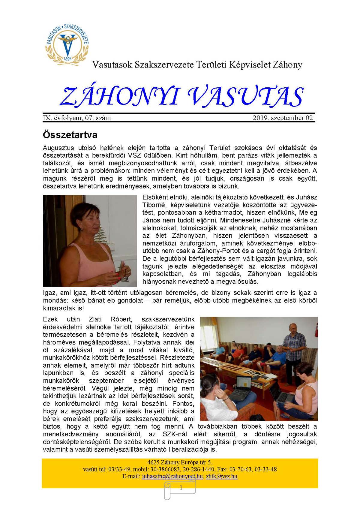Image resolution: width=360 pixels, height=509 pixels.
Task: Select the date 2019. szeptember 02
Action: [x=283, y=118]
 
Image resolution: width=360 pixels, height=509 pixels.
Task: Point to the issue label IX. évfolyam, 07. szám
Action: [x=77, y=118]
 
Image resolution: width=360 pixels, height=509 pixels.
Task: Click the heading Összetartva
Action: [x=70, y=134]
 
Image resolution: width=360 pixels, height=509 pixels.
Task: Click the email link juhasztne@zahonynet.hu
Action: [x=172, y=476]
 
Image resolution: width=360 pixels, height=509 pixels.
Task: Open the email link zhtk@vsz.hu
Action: [x=222, y=476]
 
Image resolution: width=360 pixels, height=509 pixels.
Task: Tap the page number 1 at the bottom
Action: [x=181, y=488]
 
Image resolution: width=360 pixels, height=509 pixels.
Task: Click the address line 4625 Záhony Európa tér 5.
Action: [x=180, y=462]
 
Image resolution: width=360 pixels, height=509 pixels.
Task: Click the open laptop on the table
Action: [x=244, y=387]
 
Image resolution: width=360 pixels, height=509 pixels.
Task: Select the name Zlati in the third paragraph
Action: [x=95, y=319]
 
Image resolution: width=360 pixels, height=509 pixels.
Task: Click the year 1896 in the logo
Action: [x=67, y=59]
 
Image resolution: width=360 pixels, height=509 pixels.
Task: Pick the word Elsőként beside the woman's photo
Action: [x=156, y=197]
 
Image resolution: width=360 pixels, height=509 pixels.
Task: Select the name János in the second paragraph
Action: [x=151, y=220]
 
